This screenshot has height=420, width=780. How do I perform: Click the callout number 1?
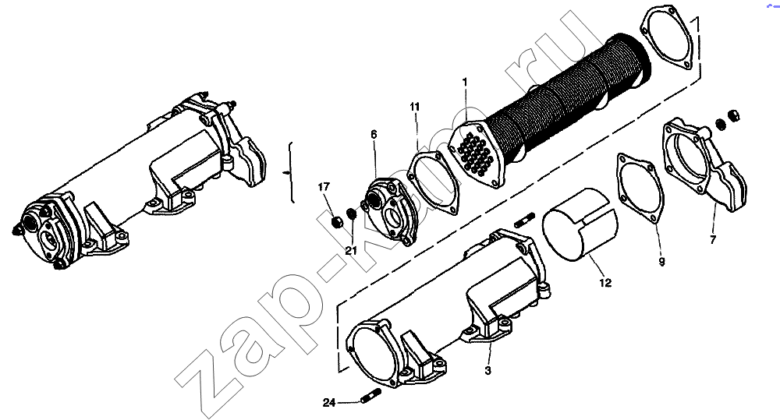pos(465,82)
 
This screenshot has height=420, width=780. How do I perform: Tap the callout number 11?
pos(415,107)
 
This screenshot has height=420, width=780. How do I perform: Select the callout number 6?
pos(374,134)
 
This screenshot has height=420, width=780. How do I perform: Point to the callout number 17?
pos(324,187)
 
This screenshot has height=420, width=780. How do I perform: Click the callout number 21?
pos(351,251)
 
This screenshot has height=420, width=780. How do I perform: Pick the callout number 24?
pos(329,403)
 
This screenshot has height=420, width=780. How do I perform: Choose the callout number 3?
pos(487,370)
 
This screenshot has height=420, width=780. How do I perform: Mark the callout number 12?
pos(605,283)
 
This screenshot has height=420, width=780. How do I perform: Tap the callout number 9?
pos(661,262)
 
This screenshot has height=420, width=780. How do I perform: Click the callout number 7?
pos(713,240)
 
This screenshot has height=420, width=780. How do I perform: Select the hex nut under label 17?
pos(337,221)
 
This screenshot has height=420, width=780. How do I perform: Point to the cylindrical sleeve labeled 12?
pos(580,224)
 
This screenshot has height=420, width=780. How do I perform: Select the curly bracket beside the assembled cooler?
pos(290,172)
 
